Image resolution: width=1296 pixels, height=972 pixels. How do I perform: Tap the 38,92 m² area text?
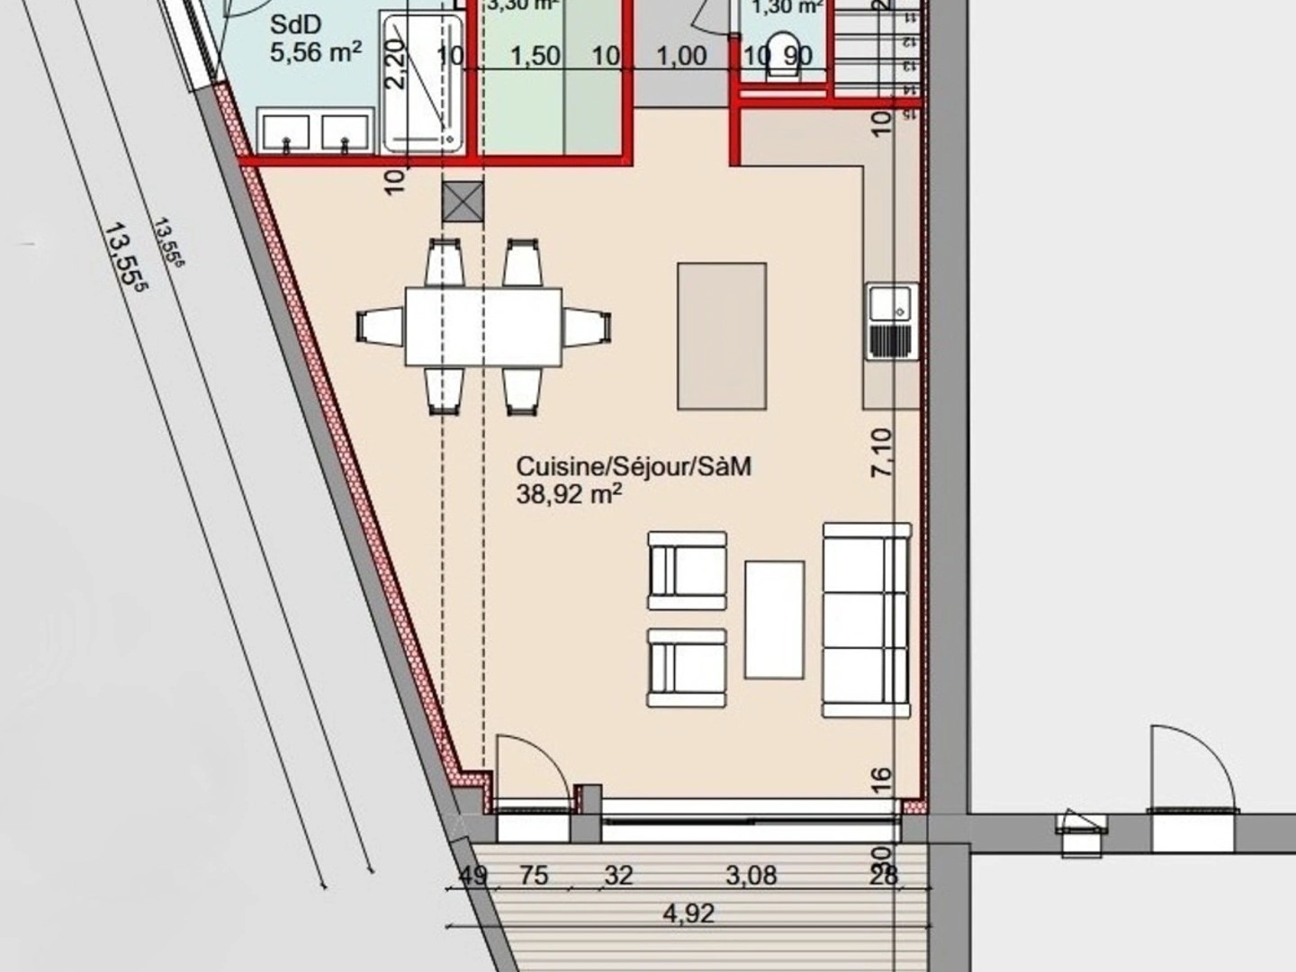569,494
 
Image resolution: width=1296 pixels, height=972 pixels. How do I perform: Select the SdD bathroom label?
296,23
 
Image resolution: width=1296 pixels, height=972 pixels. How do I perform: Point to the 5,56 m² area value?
315,52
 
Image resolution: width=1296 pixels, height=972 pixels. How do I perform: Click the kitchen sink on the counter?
892,321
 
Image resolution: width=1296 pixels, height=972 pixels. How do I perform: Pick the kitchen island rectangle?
721,336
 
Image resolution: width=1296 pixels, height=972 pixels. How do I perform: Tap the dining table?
483,326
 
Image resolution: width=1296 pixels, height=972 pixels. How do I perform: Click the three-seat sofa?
866,620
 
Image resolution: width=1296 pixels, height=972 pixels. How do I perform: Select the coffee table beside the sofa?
774,619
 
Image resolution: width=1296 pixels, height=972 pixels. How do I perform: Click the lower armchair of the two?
687,668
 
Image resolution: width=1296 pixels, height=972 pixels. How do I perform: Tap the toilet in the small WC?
785,56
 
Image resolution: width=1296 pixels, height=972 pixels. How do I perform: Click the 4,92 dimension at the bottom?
688,914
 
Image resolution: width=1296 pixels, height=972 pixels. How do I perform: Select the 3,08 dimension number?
751,875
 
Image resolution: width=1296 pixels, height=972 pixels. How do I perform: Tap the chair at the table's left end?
381,325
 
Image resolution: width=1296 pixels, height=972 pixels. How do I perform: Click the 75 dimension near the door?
534,875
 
